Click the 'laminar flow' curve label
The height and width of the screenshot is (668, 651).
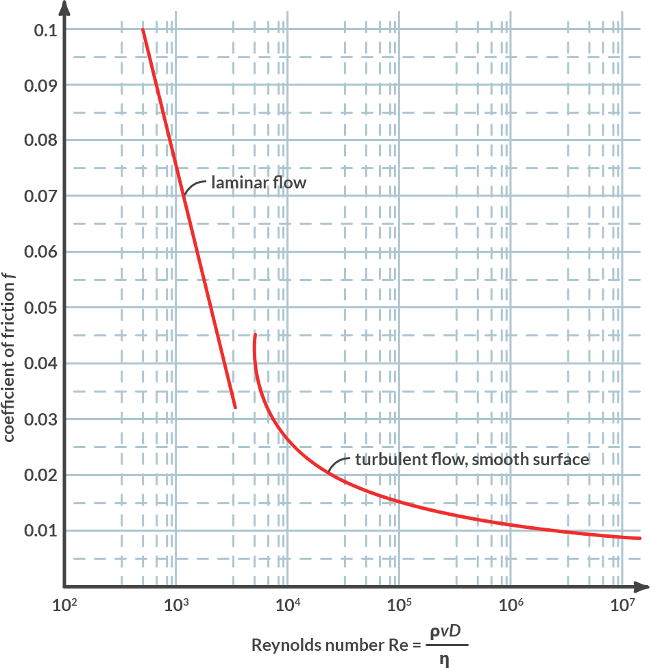coord(258,183)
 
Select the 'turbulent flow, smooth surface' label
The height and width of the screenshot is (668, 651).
coord(472,459)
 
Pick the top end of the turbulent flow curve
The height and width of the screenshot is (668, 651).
coord(255,335)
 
